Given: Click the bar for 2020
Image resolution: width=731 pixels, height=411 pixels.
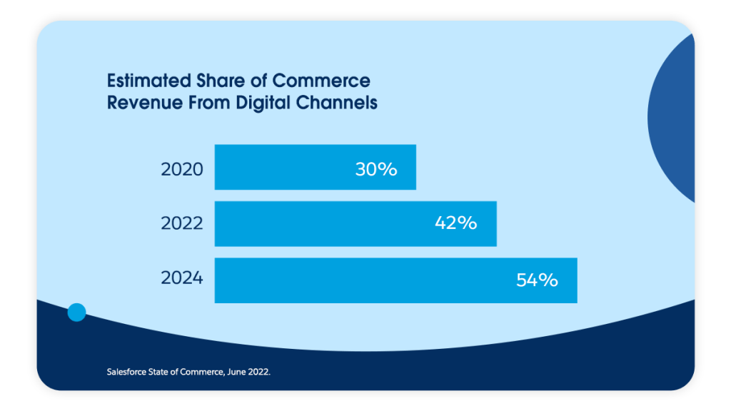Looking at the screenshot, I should [x=315, y=168].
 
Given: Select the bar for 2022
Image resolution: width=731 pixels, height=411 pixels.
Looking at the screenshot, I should [x=356, y=224].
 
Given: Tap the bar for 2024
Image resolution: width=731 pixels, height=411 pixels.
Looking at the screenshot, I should [x=395, y=280].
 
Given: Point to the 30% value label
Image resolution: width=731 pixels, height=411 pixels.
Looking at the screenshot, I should [x=375, y=170].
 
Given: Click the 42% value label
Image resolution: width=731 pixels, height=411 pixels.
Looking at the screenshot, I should [x=455, y=223].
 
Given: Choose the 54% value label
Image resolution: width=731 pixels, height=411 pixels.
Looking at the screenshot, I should [x=537, y=280].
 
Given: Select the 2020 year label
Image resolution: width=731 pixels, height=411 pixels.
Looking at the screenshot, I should [x=182, y=170].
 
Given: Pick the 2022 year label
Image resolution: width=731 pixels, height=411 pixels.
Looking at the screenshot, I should [x=182, y=223].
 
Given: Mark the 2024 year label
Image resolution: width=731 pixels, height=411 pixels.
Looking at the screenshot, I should [x=182, y=278].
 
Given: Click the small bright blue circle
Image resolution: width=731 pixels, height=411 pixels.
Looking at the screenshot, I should [x=76, y=312].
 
